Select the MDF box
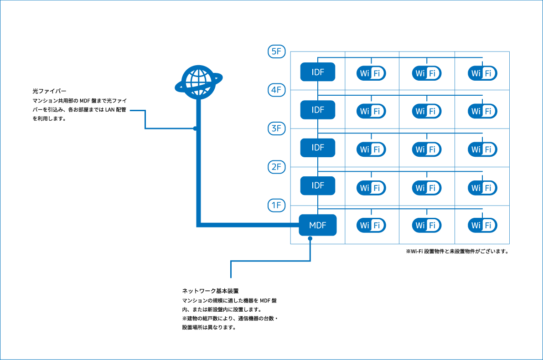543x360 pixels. pos(317,225)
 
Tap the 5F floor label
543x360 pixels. pos(276,52)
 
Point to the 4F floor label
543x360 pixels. pos(276,90)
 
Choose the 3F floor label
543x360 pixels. pos(276,129)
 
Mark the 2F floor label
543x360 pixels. pos(276,167)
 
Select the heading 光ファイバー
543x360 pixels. pos(47,91)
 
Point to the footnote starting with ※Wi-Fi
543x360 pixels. pos(457,251)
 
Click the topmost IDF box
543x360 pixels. pos(317,72)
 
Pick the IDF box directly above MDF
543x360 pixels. pos(317,186)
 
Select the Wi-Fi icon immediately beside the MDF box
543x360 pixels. pos(371,225)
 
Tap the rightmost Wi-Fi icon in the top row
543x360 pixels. pos(482,73)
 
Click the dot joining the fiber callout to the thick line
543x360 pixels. pos(195,129)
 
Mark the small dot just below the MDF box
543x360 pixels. pos(310,238)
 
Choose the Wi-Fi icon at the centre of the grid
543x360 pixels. pos(427,149)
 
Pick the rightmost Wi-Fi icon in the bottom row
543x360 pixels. pos(482,225)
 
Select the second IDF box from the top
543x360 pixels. pos(317,110)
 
